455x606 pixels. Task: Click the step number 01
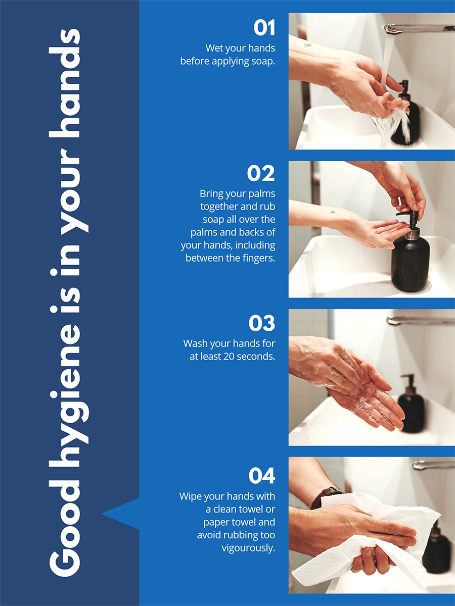click(264, 28)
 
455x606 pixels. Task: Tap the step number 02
click(261, 173)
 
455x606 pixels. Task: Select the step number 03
click(262, 323)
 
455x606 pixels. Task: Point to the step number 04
click(262, 476)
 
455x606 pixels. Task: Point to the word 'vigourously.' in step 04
click(248, 548)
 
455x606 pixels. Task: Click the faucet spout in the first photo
click(418, 28)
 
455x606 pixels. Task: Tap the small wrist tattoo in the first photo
click(308, 45)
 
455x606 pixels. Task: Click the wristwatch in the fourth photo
click(326, 497)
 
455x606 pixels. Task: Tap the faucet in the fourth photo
click(433, 465)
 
